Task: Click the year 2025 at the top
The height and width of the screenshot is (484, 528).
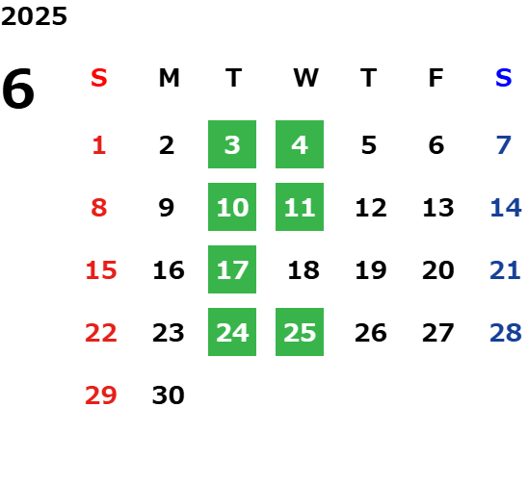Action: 34,16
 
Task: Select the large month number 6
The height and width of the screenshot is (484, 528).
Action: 18,89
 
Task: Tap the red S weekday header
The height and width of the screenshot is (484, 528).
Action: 99,78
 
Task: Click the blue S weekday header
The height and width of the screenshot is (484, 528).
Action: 503,78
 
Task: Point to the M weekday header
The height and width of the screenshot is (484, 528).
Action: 169,78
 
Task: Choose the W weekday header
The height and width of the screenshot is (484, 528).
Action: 305,78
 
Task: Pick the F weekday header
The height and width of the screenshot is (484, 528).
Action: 436,78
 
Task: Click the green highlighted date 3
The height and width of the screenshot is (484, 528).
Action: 232,144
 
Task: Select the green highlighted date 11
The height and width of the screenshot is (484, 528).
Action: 300,207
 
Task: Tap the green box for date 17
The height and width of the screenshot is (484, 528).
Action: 232,269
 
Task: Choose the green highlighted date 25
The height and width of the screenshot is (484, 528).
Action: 300,332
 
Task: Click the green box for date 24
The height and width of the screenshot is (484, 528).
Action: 232,332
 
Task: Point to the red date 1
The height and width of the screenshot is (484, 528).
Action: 99,145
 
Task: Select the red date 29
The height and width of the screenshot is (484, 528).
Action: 100,395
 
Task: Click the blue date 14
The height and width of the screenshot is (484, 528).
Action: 506,208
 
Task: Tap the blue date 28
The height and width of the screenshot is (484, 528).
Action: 506,333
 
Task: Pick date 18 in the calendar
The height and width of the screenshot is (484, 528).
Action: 304,270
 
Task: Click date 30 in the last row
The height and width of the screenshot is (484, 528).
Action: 168,395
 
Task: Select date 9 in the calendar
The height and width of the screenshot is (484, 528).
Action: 167,208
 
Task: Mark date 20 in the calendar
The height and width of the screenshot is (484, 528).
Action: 438,270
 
